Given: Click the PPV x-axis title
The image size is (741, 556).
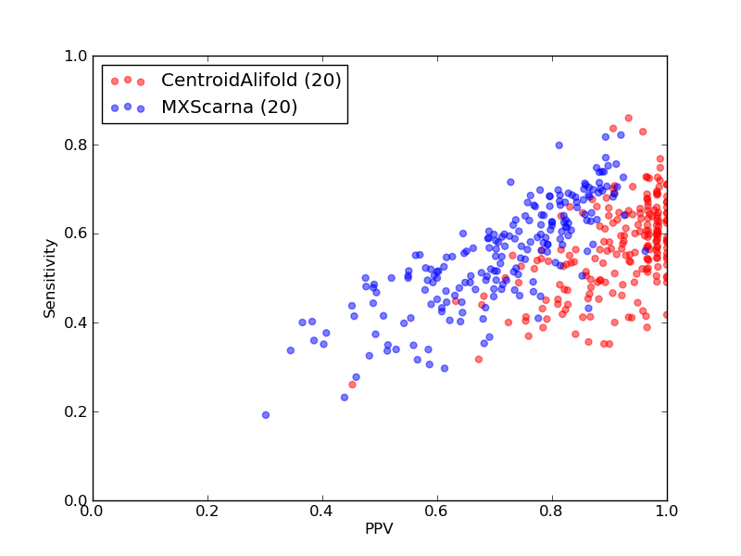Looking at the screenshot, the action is pyautogui.click(x=379, y=528).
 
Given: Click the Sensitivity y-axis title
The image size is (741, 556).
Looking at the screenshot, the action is pyautogui.click(x=50, y=279).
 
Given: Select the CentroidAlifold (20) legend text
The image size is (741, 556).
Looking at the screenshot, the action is pyautogui.click(x=251, y=81).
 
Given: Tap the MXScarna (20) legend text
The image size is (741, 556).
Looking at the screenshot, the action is pyautogui.click(x=229, y=107).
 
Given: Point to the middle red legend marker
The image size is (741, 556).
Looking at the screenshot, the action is pyautogui.click(x=128, y=80).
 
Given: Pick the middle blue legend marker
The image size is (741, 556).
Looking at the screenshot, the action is pyautogui.click(x=128, y=107).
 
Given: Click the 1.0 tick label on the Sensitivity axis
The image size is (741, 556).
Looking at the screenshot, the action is pyautogui.click(x=76, y=57).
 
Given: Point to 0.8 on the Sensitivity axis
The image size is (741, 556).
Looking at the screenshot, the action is pyautogui.click(x=76, y=145).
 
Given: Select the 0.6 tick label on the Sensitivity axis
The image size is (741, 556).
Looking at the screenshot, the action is pyautogui.click(x=76, y=234).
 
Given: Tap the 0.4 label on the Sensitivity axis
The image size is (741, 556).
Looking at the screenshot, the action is pyautogui.click(x=76, y=322).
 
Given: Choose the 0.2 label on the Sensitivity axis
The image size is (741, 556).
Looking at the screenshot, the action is pyautogui.click(x=76, y=411).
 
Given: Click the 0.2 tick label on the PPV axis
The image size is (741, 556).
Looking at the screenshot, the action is pyautogui.click(x=207, y=512).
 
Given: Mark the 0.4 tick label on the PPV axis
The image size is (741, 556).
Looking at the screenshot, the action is pyautogui.click(x=322, y=512).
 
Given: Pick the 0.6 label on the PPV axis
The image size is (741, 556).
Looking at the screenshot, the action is pyautogui.click(x=437, y=512).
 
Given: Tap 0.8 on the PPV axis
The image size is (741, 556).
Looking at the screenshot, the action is pyautogui.click(x=552, y=512).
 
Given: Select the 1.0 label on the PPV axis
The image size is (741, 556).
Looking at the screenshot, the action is pyautogui.click(x=667, y=512).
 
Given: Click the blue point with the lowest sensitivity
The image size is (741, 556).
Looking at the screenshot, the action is pyautogui.click(x=266, y=415).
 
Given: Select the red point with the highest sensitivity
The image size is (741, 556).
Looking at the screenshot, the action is pyautogui.click(x=629, y=119).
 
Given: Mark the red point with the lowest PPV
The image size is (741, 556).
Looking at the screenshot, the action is pyautogui.click(x=352, y=385).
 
